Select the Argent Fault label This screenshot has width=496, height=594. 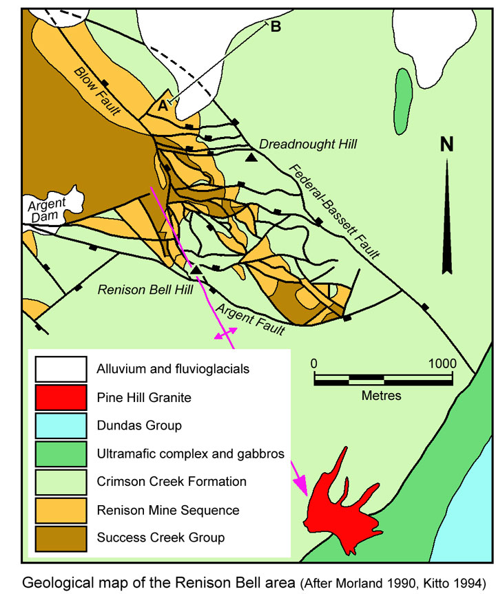[x=251, y=318]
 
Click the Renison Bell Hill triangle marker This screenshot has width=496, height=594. [x=196, y=268]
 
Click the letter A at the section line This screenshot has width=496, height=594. [x=163, y=106]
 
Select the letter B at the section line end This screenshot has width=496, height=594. [x=276, y=27]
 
